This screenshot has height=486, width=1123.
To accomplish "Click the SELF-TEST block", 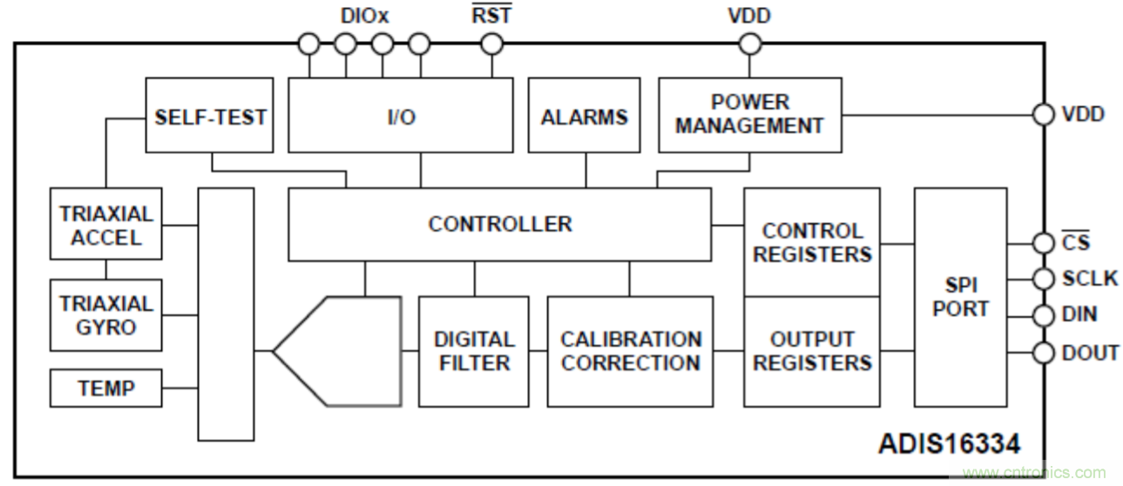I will pos(209,116).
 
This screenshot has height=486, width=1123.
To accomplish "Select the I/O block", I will pos(400,116).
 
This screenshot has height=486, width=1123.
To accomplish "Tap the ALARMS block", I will pos(584,116).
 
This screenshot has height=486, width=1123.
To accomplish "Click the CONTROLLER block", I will pos(499,224).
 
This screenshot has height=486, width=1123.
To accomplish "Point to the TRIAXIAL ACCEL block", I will pos(105,225).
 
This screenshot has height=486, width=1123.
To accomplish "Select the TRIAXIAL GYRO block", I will pos(105,315).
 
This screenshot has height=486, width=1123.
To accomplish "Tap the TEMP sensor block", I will pos(105,388).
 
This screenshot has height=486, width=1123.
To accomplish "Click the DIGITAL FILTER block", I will pos(473,351).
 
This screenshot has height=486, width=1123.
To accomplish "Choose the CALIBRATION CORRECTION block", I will pos(630,351).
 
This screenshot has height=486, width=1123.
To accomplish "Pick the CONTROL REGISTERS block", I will pos(811,243).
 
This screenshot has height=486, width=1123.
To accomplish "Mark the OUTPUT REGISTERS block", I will pos(811,351).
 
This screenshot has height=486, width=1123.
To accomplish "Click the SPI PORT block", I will pos(960,297).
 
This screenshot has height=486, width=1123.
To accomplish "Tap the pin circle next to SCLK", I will pos(1043,279).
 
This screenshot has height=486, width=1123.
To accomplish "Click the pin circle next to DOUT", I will pos(1043,353).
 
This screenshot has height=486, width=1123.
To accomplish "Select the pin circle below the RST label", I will pos(492,44).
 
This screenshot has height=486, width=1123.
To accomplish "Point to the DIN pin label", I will pos(1079,314).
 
